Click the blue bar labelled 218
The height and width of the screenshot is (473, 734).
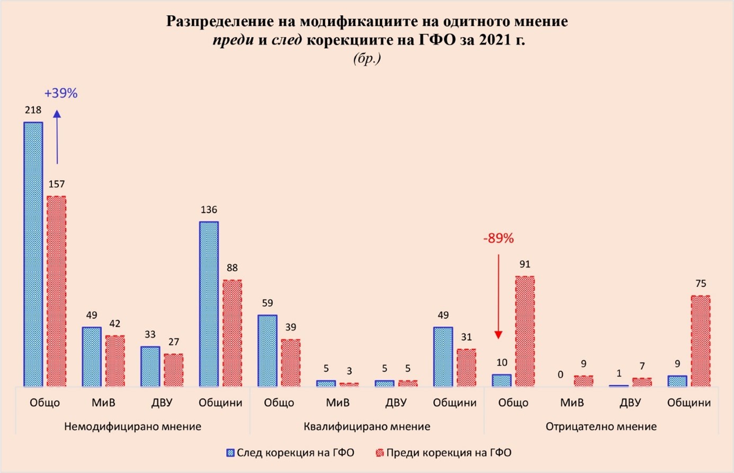pos(33,254)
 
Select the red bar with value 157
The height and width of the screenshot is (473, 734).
pos(56,291)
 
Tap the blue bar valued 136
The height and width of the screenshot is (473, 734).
pos(209,304)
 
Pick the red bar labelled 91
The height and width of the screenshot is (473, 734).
pos(525,331)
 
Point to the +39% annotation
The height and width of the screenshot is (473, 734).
pos(61,93)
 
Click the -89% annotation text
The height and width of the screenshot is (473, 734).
pos(498,238)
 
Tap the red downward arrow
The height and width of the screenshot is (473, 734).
pos(498,297)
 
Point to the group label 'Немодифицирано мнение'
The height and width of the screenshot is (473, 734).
pos(132,426)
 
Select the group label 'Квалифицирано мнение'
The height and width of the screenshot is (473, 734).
pos(366,426)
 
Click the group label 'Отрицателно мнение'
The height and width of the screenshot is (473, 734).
pos(601,426)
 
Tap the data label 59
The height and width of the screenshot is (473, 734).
pos(267,304)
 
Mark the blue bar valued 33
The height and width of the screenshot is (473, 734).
pos(150,367)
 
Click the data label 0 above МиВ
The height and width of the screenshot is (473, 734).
pos(560,374)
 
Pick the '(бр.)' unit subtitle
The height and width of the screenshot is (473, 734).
pos(367,58)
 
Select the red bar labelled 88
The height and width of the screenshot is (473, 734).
pos(232,333)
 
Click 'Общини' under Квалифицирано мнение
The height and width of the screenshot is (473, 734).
pos(454,403)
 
